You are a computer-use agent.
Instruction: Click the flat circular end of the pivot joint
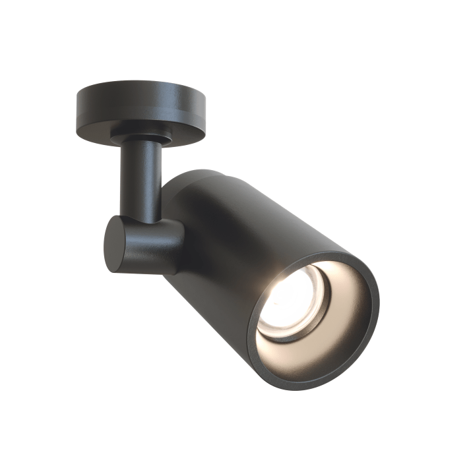click(114, 242)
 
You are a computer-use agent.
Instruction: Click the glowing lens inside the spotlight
click(290, 303)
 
